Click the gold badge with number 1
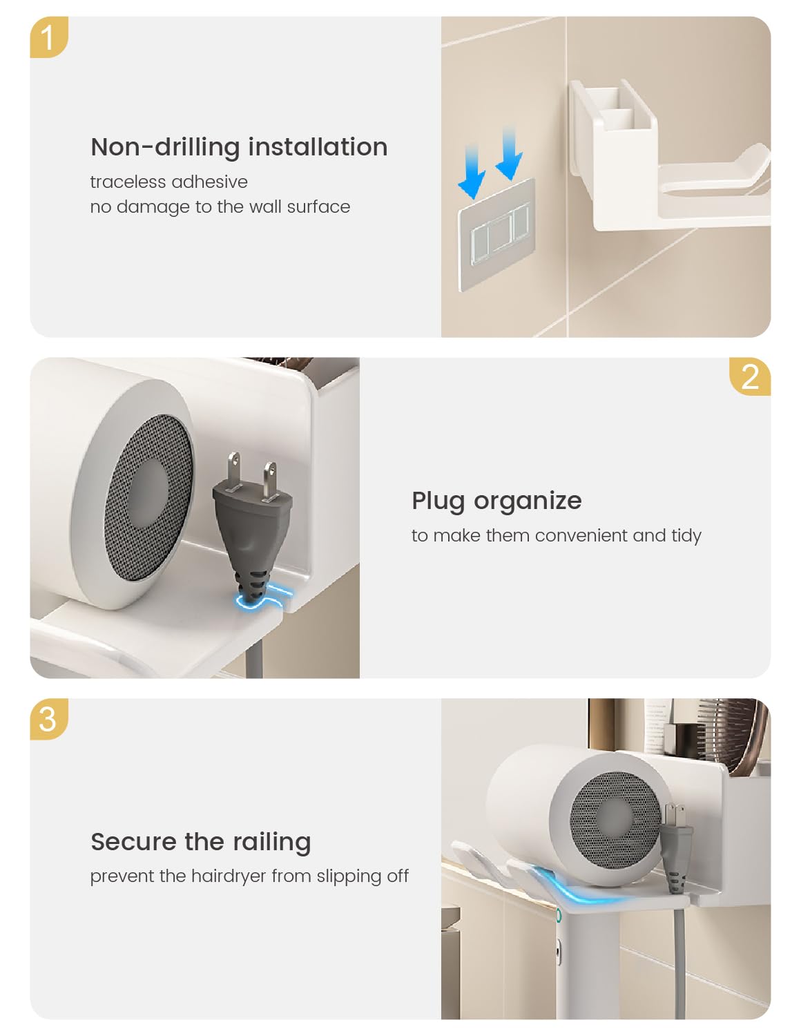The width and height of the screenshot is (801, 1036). pos(48,37)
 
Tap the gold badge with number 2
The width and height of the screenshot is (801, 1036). pos(749,376)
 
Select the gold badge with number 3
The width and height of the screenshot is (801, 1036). pos(48,719)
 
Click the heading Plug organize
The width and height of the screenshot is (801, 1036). pos(496,501)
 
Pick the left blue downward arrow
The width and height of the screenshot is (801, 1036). pos(472,171)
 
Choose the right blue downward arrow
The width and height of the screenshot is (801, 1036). pos(509,153)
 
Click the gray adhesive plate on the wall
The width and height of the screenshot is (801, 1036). pos(496,235)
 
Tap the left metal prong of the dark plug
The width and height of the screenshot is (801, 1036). pos(234,472)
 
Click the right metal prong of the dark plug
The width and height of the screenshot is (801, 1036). pos(270,481)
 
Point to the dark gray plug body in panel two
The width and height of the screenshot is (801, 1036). pos(251,544)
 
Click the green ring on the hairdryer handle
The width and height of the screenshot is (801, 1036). pos(559,915)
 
